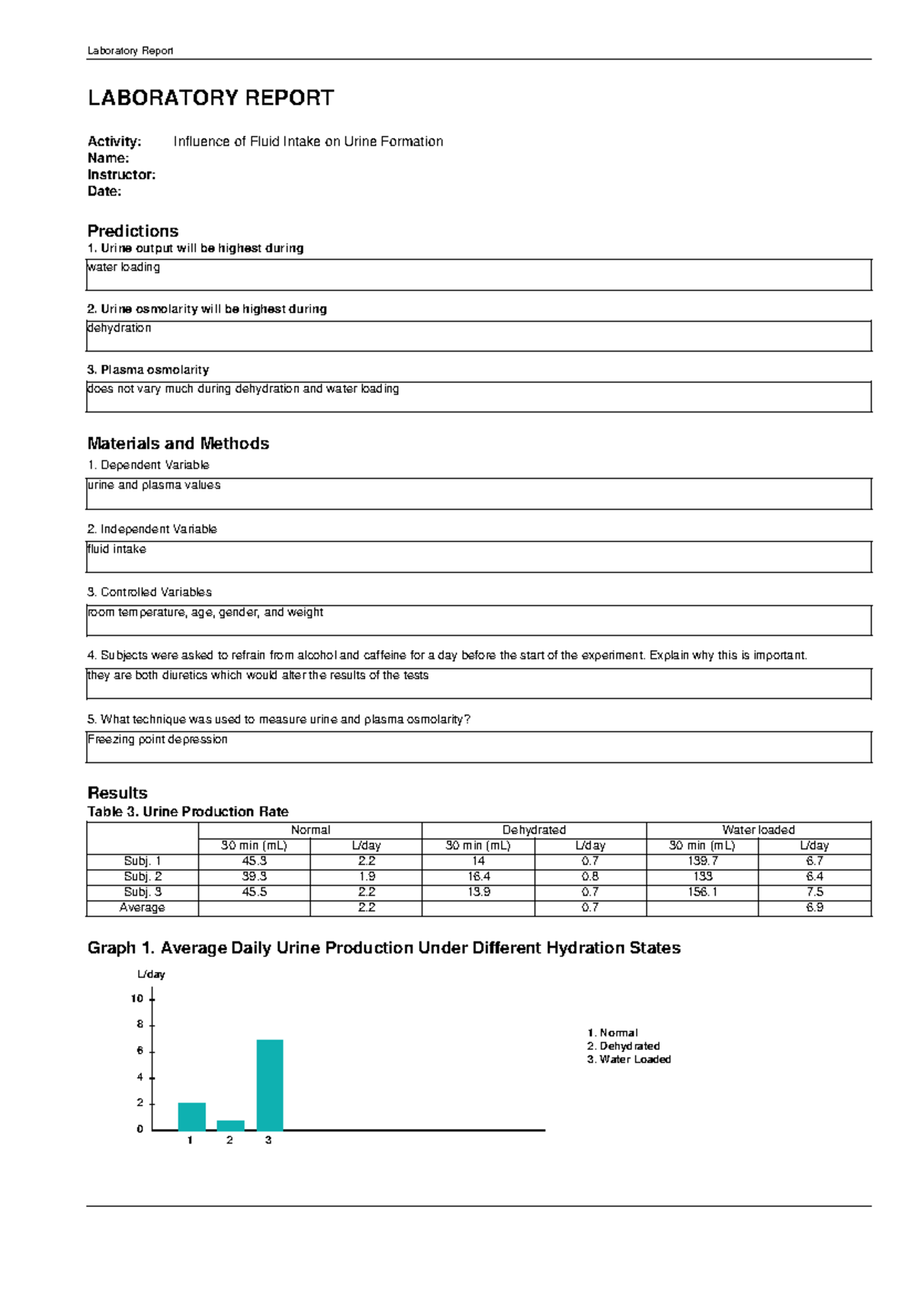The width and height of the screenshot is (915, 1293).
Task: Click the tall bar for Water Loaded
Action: pyautogui.click(x=270, y=1084)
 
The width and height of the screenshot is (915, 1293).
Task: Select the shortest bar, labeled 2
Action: pyautogui.click(x=230, y=1125)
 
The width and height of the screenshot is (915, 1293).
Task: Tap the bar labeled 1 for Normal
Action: pyautogui.click(x=191, y=1116)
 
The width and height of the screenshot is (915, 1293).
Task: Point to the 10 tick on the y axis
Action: pyautogui.click(x=137, y=999)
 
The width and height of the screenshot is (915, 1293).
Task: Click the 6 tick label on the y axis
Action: pyautogui.click(x=140, y=1051)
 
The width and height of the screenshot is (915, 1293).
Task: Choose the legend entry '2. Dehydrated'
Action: pyautogui.click(x=623, y=1046)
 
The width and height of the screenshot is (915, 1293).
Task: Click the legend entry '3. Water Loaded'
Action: pyautogui.click(x=628, y=1059)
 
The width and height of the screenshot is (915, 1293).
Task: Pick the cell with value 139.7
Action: pyautogui.click(x=702, y=861)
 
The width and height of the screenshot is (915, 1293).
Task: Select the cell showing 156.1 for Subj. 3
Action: pyautogui.click(x=702, y=892)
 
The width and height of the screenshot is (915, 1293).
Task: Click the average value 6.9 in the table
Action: pyautogui.click(x=814, y=907)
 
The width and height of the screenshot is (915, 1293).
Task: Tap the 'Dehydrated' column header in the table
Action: pyautogui.click(x=534, y=829)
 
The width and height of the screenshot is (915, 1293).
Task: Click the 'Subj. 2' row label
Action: pyautogui.click(x=143, y=877)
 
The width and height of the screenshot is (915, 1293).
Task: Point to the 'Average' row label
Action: pyautogui.click(x=142, y=907)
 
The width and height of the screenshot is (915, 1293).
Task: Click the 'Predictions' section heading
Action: pyautogui.click(x=133, y=231)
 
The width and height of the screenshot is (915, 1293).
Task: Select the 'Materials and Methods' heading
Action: pyautogui.click(x=178, y=444)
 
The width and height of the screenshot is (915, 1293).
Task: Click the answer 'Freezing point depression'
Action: pyautogui.click(x=157, y=740)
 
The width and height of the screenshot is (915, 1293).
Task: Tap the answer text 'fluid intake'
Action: pyautogui.click(x=117, y=549)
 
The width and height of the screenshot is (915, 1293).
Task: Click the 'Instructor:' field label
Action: pyautogui.click(x=121, y=175)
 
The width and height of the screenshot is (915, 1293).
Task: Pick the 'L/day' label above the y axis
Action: pyautogui.click(x=151, y=974)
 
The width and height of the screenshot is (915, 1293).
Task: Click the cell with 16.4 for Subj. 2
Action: pyautogui.click(x=478, y=877)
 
